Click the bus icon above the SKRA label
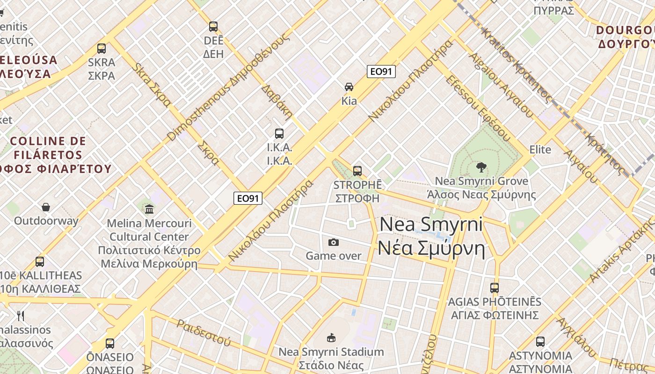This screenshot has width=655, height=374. click(x=101, y=48)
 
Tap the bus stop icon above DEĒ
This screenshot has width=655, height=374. click(x=213, y=27)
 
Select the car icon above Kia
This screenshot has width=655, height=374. click(x=349, y=86)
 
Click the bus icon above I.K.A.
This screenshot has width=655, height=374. click(x=279, y=134)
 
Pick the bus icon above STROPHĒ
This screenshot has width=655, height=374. click(x=357, y=171)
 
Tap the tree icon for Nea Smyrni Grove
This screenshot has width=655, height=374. click(x=480, y=167)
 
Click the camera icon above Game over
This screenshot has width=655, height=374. click(x=334, y=242)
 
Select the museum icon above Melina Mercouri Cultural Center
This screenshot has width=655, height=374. click(x=149, y=209)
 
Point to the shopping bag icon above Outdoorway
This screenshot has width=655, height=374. click(x=46, y=207)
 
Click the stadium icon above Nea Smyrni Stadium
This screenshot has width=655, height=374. click(x=331, y=337)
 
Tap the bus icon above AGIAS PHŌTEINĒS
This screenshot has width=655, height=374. click(x=495, y=288)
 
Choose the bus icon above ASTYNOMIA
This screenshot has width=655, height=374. click(x=540, y=342)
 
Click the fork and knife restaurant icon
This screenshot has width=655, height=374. click(x=20, y=316)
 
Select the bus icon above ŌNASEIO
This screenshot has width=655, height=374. click(x=110, y=344)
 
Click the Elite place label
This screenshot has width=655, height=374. click(x=540, y=150)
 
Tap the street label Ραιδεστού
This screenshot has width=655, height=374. click(x=204, y=333)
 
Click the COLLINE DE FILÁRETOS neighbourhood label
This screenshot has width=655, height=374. click(x=48, y=148)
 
